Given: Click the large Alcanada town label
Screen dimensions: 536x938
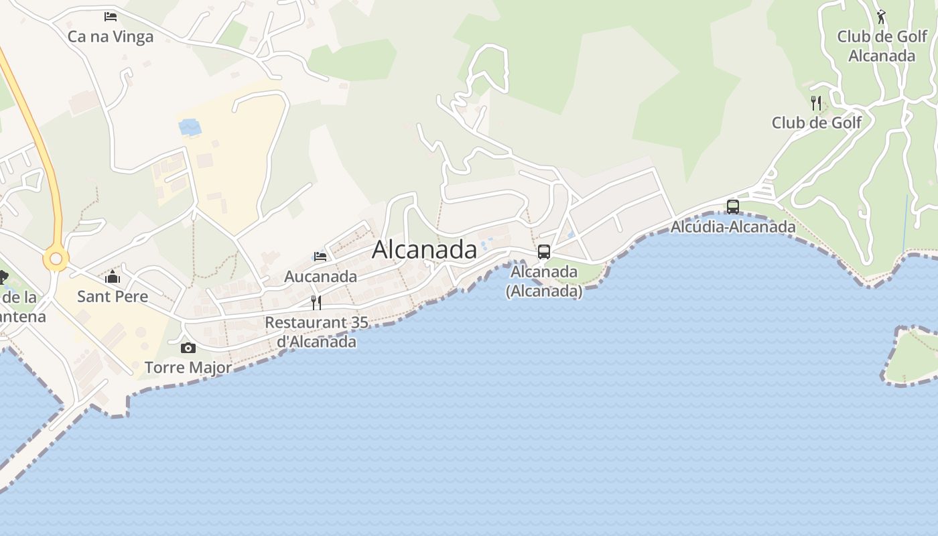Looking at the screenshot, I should pyautogui.click(x=424, y=249).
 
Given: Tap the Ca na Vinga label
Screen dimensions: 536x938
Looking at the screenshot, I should pyautogui.click(x=111, y=37).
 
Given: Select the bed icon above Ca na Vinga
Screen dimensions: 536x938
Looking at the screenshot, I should pyautogui.click(x=111, y=16).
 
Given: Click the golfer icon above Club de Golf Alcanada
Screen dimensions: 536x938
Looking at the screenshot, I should pyautogui.click(x=881, y=17).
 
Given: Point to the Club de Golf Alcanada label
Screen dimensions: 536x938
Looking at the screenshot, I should pyautogui.click(x=882, y=46).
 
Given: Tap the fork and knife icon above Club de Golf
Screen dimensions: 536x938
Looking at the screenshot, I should pyautogui.click(x=815, y=103).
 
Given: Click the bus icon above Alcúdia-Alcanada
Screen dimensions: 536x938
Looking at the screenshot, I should pyautogui.click(x=733, y=207).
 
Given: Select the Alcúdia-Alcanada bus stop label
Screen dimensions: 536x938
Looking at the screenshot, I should pyautogui.click(x=733, y=226).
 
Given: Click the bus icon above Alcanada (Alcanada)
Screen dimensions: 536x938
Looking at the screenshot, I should pyautogui.click(x=544, y=252).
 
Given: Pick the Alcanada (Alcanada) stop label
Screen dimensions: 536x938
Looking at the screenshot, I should pyautogui.click(x=544, y=281).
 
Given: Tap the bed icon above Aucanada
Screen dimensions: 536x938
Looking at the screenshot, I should pyautogui.click(x=320, y=256).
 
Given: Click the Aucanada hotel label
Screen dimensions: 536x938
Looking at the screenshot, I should pyautogui.click(x=320, y=276).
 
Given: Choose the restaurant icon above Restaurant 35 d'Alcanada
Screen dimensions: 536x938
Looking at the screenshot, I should pyautogui.click(x=316, y=302).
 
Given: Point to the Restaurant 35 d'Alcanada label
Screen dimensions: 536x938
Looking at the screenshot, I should pyautogui.click(x=316, y=332).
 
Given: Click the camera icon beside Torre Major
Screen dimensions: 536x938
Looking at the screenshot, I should pyautogui.click(x=188, y=348).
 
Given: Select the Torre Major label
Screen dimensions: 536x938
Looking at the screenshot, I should pyautogui.click(x=188, y=367).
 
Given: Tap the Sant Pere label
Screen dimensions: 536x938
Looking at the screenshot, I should pyautogui.click(x=113, y=296).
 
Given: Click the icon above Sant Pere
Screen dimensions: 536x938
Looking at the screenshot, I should pyautogui.click(x=113, y=277).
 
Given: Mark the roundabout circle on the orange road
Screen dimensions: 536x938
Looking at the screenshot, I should pyautogui.click(x=56, y=259).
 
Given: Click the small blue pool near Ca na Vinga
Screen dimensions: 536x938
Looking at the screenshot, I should pyautogui.click(x=190, y=126).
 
